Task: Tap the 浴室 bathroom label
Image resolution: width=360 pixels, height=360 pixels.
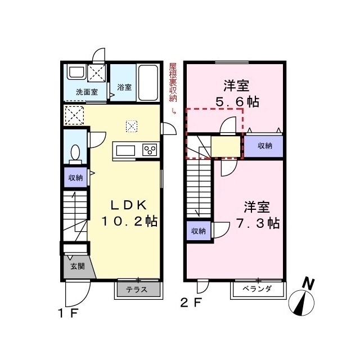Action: (x=124, y=87)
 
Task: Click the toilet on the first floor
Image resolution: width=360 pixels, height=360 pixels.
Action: (x=75, y=152)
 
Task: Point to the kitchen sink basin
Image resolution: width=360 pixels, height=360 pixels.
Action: (x=124, y=150)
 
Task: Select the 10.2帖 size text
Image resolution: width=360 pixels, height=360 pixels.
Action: (x=129, y=221)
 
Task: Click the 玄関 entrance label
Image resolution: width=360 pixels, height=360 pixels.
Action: (x=77, y=267)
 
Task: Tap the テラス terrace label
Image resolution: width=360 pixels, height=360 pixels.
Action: (x=137, y=290)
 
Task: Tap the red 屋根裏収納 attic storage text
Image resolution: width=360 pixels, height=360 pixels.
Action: (x=172, y=82)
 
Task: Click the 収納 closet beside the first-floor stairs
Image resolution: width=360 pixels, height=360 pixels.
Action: (x=75, y=178)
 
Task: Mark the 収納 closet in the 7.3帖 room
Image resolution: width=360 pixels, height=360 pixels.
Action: (x=197, y=231)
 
